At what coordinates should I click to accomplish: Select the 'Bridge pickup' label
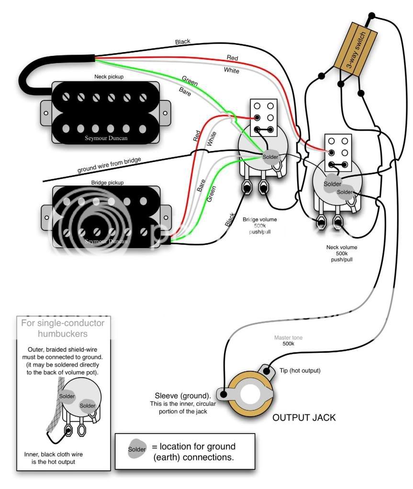[x=107, y=183]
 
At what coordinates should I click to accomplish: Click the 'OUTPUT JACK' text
[x=304, y=417]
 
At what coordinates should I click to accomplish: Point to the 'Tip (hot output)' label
[x=300, y=370]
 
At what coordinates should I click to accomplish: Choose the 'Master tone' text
[x=288, y=337]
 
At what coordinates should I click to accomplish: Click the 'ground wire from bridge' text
[x=109, y=165]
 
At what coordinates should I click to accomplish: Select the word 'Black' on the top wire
[x=182, y=42]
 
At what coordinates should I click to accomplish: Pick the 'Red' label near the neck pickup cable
[x=232, y=58]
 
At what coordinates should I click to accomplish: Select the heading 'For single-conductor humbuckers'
[x=63, y=328]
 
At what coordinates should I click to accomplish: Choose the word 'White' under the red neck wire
[x=231, y=71]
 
